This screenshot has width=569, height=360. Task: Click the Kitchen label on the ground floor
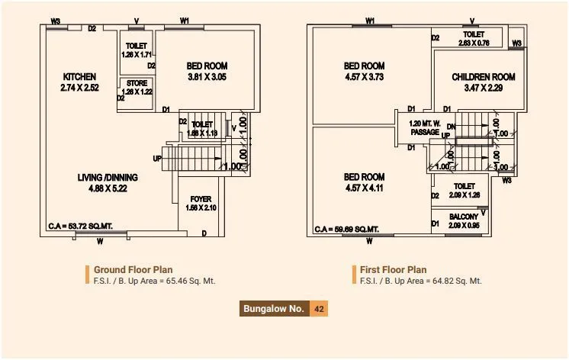point(79,76)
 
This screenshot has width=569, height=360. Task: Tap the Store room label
point(137,83)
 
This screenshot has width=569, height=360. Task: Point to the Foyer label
point(201,199)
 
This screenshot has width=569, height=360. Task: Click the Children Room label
point(484,77)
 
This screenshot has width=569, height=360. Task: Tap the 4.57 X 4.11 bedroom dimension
point(363,188)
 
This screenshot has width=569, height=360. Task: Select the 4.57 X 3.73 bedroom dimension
point(363,76)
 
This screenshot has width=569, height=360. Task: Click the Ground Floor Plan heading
point(133,269)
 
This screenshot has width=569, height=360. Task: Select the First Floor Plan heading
point(394,269)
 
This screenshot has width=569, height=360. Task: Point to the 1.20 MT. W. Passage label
point(424,127)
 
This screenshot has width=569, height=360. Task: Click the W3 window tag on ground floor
point(55,21)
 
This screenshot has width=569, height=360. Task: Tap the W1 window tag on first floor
point(370,21)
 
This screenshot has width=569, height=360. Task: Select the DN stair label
point(451,127)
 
